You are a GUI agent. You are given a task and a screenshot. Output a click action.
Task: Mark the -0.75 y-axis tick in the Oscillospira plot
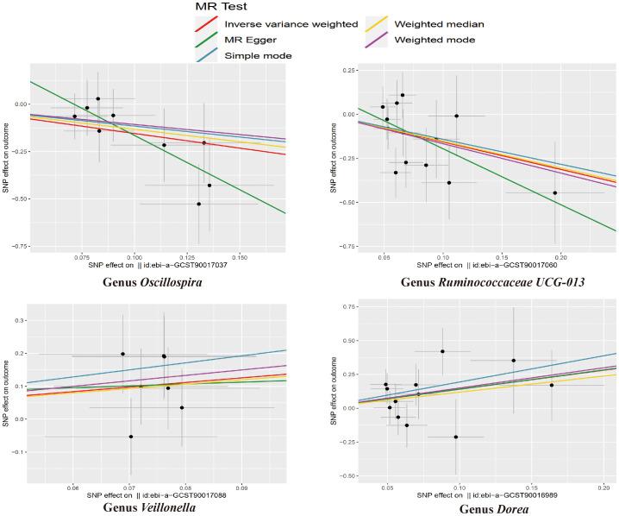pyautogui.click(x=17, y=244)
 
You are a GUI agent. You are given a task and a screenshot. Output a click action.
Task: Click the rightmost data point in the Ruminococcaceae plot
pyautogui.click(x=555, y=192)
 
